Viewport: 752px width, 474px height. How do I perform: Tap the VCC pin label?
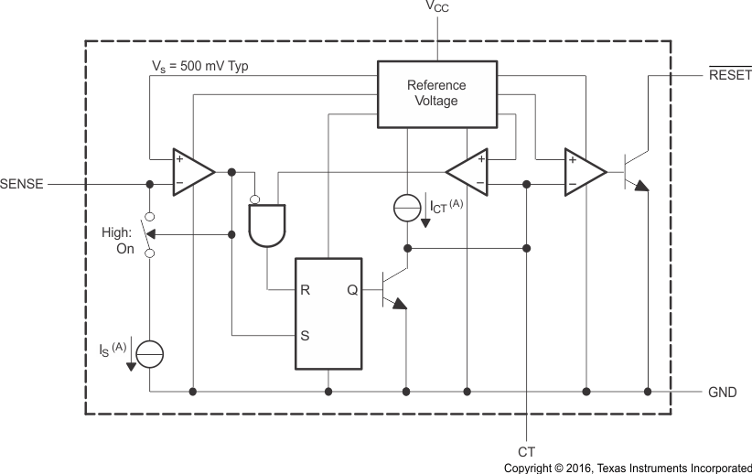(x=437, y=8)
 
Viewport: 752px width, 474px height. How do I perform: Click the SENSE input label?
(x=23, y=183)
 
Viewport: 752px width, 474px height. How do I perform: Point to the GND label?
(x=722, y=392)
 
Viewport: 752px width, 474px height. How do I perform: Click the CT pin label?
(x=526, y=451)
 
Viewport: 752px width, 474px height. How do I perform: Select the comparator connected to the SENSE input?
(x=191, y=171)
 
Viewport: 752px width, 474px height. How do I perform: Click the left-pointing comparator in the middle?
(x=468, y=171)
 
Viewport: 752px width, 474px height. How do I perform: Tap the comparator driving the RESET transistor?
(x=584, y=171)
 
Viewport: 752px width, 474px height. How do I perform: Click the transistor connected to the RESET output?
(x=633, y=171)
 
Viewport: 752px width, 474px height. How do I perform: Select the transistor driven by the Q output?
(x=392, y=290)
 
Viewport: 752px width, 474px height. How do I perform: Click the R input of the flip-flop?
(x=305, y=290)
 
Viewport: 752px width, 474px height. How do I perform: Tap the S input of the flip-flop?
(x=305, y=335)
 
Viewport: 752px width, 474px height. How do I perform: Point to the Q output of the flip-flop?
(x=351, y=290)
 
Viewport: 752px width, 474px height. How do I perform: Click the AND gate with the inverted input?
(x=266, y=224)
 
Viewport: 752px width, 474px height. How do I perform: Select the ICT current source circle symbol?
(x=408, y=208)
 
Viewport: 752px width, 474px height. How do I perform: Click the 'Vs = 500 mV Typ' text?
(x=199, y=66)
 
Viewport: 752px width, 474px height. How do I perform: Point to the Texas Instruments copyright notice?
(x=627, y=467)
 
